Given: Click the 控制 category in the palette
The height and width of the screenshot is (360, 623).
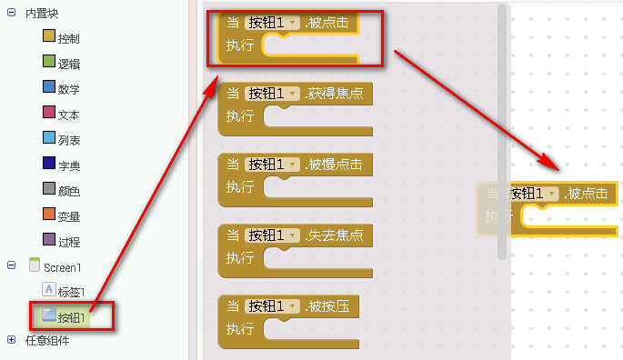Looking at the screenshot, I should (68, 39).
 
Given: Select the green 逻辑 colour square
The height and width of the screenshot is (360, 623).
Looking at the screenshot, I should (50, 63).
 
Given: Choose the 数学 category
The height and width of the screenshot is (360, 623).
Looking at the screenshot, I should (68, 89).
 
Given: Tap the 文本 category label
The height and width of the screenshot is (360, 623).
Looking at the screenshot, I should (68, 115).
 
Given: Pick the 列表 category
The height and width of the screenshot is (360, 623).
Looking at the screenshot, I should (68, 140).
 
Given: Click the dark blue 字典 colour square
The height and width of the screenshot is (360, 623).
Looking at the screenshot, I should (50, 164).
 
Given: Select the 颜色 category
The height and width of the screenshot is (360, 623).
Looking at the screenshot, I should (68, 191).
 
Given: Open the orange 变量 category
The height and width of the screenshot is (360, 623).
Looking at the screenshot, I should (68, 216).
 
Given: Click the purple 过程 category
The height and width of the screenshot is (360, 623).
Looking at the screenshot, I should (68, 241).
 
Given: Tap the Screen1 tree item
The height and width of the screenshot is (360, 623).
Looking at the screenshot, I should (63, 267).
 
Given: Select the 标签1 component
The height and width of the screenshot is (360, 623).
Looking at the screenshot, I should (71, 292).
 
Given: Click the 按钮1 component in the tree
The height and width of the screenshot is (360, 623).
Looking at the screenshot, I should (71, 317).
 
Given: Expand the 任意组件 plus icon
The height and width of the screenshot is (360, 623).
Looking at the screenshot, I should (11, 340).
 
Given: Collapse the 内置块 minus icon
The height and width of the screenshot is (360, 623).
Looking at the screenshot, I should (11, 15).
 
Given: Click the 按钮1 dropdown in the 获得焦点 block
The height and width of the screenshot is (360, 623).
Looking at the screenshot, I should (273, 94).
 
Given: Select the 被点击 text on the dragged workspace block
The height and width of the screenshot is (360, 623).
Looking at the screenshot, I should (591, 194).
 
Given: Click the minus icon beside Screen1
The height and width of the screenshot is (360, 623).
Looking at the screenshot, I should (11, 266).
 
